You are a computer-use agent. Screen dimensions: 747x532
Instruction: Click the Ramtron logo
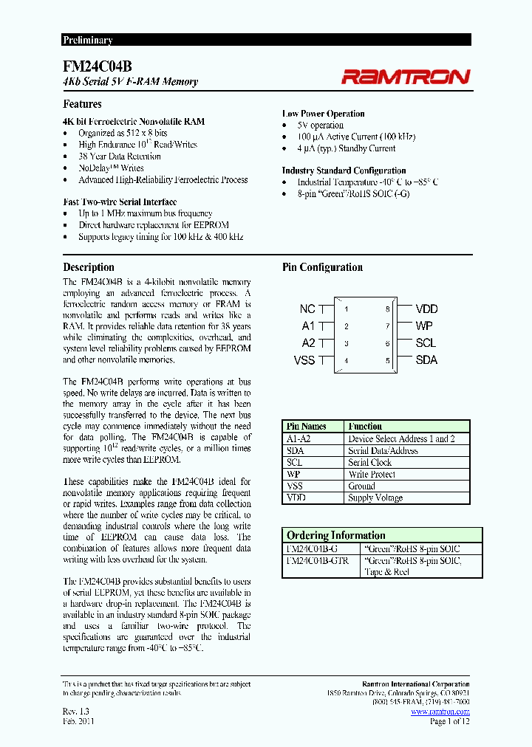tap(405, 77)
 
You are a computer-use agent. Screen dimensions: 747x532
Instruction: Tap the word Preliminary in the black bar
tap(87, 41)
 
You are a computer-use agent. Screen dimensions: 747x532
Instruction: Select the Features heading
tap(82, 104)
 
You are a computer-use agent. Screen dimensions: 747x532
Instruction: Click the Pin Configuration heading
tap(322, 267)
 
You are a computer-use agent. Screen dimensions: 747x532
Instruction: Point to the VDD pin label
tap(426, 309)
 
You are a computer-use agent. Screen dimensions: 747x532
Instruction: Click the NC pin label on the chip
tap(307, 309)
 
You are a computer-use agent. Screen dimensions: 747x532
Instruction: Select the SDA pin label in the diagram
tap(426, 360)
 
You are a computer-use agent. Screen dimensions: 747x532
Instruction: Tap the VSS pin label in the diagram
tap(304, 360)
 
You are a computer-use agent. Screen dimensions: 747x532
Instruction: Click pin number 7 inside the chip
tap(387, 326)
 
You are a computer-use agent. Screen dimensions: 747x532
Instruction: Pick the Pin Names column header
tap(306, 427)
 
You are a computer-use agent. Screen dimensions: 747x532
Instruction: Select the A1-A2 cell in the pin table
tap(300, 438)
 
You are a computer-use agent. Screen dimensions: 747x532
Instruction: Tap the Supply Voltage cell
tap(375, 498)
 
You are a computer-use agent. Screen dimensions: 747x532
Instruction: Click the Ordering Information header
tap(335, 535)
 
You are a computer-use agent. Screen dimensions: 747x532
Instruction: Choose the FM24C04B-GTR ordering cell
tap(317, 561)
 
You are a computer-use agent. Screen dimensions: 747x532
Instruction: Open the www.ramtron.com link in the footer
tap(440, 712)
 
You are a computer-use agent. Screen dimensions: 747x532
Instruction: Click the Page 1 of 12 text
tap(449, 721)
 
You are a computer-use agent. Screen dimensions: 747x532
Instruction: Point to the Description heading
tap(89, 267)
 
